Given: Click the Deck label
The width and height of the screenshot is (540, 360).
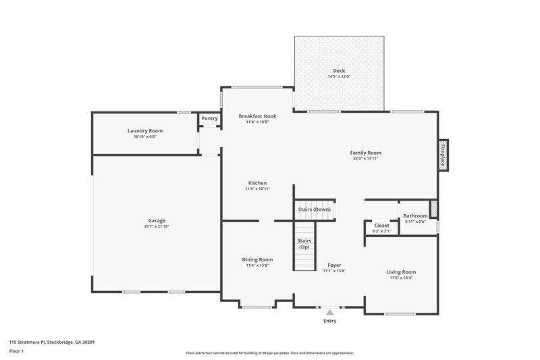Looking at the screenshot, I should [339, 71].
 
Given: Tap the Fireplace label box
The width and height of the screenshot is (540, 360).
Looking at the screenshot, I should [443, 155].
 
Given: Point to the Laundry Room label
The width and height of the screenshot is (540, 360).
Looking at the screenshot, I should [145, 130].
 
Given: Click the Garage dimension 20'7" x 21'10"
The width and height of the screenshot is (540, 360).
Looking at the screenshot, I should [157, 226].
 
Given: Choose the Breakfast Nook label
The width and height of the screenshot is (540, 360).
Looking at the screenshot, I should [257, 116].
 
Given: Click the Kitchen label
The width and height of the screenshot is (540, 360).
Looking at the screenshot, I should [257, 183].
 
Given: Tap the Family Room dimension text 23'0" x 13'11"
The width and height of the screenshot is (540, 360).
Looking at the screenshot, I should [366, 159].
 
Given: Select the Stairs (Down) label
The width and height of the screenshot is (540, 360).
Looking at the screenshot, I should [314, 209].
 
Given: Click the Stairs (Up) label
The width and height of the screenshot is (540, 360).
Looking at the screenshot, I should [304, 244].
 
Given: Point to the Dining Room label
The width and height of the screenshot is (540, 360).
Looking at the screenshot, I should [257, 259].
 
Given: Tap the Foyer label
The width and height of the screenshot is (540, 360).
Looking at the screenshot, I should [334, 265].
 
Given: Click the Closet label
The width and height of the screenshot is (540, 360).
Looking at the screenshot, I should [381, 226].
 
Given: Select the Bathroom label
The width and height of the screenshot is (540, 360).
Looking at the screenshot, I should [415, 216].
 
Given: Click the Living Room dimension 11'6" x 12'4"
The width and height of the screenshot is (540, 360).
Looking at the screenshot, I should [401, 278].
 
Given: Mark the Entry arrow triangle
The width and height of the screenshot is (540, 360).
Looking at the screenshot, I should [329, 312].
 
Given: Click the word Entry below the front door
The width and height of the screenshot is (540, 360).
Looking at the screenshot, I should [329, 321].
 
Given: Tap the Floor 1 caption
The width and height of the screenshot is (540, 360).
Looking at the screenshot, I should [16, 351].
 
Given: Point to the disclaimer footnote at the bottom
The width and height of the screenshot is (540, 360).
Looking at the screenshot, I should [269, 353].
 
